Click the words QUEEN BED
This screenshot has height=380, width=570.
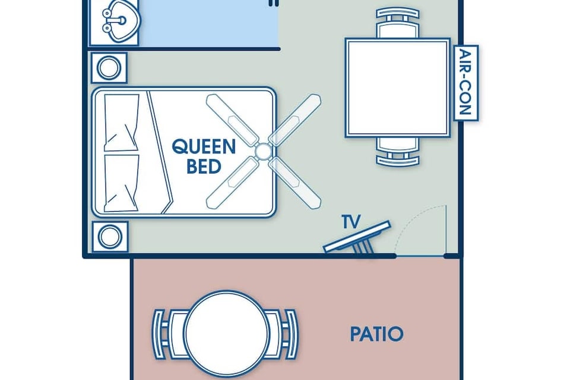point(204,156)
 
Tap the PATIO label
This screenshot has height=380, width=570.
point(376,334)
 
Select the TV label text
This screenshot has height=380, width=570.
point(351,221)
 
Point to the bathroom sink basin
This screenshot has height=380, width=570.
point(122,21)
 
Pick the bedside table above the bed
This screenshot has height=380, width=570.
point(109,68)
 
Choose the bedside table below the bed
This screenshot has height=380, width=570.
point(110,237)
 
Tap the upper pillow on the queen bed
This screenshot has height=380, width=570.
point(121,123)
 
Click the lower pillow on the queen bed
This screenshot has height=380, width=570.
point(121,183)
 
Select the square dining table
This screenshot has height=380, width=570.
point(398,88)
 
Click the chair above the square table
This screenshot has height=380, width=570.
point(398,24)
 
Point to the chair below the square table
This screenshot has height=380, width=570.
point(398,152)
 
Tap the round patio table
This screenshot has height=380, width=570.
point(227,334)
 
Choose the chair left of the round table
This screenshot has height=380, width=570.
point(169,334)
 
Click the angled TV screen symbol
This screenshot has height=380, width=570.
point(357,237)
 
